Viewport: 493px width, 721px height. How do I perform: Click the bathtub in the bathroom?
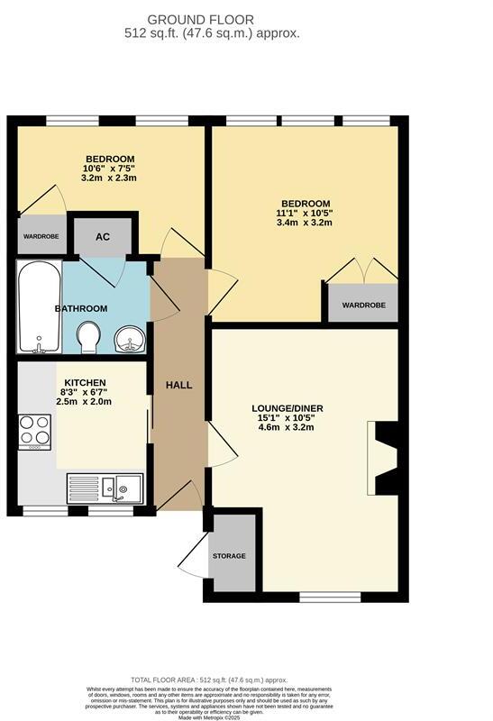click(x=38, y=306)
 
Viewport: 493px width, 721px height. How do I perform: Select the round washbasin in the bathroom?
click(x=130, y=341)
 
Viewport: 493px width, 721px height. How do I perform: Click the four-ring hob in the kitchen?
click(x=34, y=431)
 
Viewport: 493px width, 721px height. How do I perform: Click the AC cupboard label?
click(x=103, y=237)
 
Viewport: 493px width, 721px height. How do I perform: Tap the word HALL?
click(x=178, y=385)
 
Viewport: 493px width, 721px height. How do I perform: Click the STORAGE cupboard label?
click(x=229, y=556)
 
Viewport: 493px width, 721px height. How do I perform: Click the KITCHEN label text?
click(x=85, y=383)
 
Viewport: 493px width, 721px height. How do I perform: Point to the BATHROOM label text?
click(x=81, y=308)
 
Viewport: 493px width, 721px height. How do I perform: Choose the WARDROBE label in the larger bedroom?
click(x=362, y=306)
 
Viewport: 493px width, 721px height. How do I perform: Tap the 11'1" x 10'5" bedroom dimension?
click(x=304, y=214)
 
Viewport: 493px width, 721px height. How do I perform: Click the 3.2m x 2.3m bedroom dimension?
click(x=108, y=178)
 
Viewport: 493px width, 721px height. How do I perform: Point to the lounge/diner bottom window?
click(x=329, y=596)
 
